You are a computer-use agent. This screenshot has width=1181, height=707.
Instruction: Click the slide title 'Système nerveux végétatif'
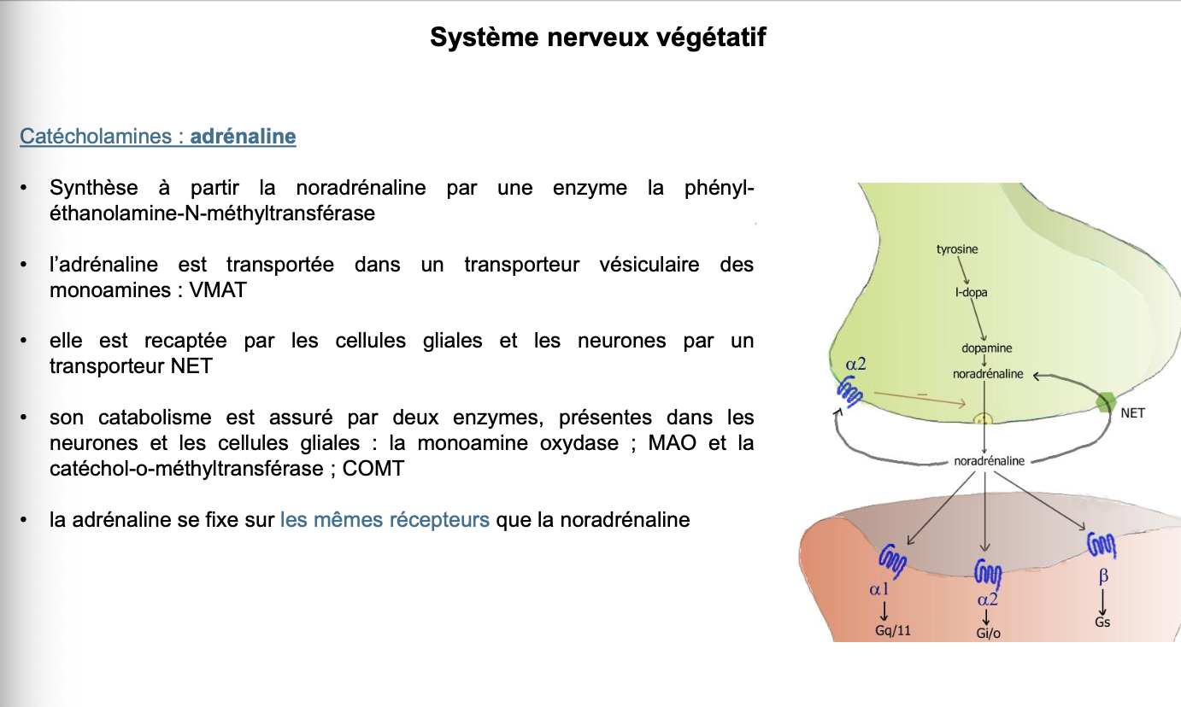coord(597,38)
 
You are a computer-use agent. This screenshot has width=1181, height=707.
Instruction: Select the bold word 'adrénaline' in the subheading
coord(243,136)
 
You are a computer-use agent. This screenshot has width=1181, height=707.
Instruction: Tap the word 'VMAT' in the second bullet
coord(218,289)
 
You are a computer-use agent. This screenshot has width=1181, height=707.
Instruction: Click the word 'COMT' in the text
coord(373,469)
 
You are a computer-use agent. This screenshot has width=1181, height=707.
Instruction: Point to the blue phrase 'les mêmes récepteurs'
coord(385,519)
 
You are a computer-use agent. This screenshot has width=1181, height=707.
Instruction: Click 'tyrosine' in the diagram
coord(957,249)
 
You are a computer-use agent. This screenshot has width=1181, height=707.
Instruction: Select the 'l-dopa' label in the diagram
coord(971,292)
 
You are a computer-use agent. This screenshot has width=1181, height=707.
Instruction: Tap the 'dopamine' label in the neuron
coord(987,348)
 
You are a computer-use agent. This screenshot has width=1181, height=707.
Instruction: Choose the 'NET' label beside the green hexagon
coord(1132,413)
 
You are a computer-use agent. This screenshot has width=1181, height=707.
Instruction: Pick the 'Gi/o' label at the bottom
coord(988,633)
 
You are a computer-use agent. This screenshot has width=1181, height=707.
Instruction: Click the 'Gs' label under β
coord(1102,622)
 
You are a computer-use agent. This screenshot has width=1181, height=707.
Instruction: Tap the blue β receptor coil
coord(1102,543)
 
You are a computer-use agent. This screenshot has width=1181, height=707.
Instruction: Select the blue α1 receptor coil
coord(892,560)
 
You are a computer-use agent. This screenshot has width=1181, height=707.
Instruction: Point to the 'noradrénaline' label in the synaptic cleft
coord(989,461)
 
